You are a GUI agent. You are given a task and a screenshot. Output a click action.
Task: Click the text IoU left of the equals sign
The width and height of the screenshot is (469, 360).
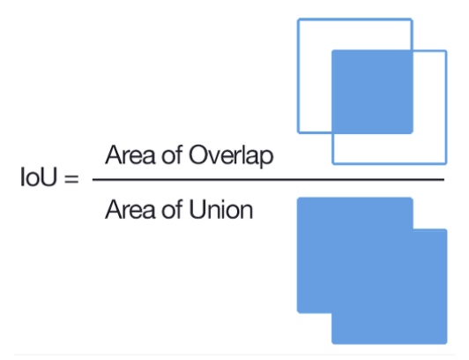tap(38, 176)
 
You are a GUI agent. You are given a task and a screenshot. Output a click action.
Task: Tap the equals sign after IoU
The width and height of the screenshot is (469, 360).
tap(71, 178)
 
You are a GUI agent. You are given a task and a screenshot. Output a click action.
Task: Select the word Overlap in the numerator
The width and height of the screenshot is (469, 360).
tap(231, 156)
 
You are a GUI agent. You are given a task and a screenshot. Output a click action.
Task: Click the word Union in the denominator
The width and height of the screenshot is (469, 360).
tap(221, 209)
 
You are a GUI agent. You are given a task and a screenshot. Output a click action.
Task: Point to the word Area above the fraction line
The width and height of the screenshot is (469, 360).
tap(130, 154)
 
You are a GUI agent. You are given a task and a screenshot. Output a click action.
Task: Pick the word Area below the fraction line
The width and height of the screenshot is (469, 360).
tap(130, 209)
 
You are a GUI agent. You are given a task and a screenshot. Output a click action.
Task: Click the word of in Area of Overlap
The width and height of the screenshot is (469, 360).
tap(172, 154)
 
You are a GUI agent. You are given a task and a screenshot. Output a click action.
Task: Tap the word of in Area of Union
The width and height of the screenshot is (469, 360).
tap(172, 209)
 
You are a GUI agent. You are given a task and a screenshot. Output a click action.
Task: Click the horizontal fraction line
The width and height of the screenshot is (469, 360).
tap(268, 179)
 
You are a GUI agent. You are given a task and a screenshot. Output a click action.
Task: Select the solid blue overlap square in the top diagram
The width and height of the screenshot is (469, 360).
tap(372, 92)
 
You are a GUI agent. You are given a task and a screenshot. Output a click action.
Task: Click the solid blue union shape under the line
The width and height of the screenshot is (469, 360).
tap(372, 271)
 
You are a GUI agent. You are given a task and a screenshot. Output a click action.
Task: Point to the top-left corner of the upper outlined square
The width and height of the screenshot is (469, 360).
tap(298, 19)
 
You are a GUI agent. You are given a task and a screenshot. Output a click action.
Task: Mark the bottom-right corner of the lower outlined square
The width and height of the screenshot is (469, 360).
tap(446, 163)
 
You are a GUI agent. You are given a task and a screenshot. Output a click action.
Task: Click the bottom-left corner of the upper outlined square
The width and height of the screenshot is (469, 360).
tap(298, 132)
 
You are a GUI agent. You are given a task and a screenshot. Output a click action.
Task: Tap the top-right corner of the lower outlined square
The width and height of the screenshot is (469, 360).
tap(446, 51)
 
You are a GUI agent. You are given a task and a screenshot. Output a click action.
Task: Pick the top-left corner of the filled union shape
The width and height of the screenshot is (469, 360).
tap(297, 198)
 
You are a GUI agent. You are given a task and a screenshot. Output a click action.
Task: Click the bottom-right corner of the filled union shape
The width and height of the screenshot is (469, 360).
tap(447, 343)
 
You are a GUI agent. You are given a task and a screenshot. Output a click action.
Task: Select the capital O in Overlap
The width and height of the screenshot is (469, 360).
tap(198, 154)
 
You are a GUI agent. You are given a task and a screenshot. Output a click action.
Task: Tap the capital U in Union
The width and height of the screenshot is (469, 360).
tap(197, 210)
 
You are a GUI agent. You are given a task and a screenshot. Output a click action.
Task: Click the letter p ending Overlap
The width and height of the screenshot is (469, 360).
tap(267, 158)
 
